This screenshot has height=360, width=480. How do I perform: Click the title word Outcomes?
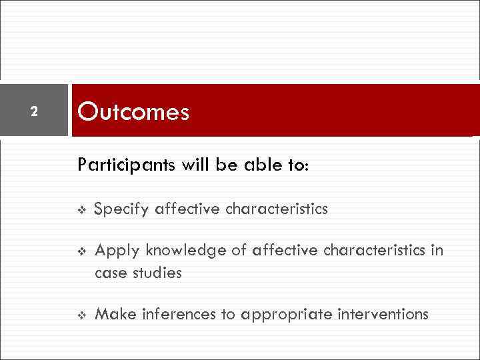pyautogui.click(x=133, y=112)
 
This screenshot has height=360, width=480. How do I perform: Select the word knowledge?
pyautogui.click(x=173, y=251)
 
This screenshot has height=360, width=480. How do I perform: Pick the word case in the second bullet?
pyautogui.click(x=109, y=273)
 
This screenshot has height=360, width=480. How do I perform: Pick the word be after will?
pyautogui.click(x=227, y=164)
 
